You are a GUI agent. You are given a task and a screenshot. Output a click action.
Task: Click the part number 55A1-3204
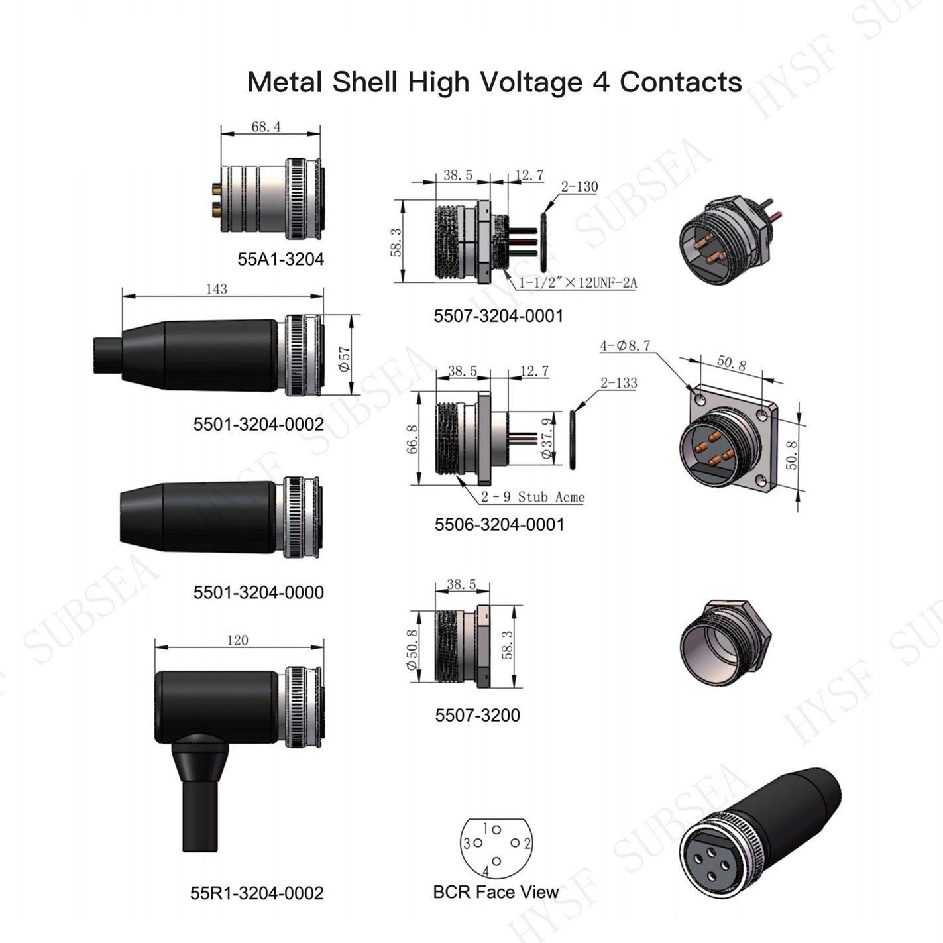(280, 259)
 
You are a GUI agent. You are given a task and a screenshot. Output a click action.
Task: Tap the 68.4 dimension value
(266, 127)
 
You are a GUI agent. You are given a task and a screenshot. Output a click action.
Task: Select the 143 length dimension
(216, 289)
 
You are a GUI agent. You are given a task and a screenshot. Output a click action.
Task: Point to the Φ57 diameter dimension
(345, 359)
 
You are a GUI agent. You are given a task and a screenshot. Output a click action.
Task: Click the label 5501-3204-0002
(258, 424)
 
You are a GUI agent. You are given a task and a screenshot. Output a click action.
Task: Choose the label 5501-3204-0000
(258, 592)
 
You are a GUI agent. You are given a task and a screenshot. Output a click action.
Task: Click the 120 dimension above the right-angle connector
(238, 640)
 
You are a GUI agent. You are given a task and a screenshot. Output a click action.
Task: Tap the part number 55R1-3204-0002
(257, 893)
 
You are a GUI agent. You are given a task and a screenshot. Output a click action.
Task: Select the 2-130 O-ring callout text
(579, 186)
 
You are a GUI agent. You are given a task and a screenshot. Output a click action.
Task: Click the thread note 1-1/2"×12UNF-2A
(578, 283)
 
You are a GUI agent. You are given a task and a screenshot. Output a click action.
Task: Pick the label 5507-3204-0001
(498, 315)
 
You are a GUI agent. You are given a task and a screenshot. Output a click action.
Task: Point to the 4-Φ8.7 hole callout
(626, 345)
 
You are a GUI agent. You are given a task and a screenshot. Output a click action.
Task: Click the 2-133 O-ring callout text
(619, 382)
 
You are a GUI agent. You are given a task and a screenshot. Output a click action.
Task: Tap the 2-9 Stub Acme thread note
(532, 497)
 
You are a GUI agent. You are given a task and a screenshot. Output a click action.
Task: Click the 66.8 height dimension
(412, 439)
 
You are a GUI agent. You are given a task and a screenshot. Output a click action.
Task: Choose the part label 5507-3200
(477, 715)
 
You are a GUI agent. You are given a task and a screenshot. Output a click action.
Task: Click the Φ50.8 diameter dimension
(412, 648)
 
